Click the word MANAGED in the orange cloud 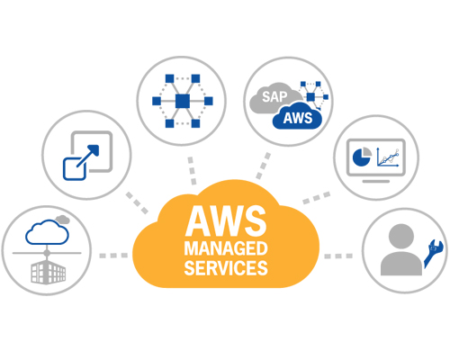pyautogui.click(x=226, y=248)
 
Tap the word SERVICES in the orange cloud pyautogui.click(x=226, y=268)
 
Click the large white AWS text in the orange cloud pyautogui.click(x=226, y=220)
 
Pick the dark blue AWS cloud pyautogui.click(x=297, y=117)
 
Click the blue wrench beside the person pyautogui.click(x=433, y=253)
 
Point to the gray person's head pyautogui.click(x=401, y=236)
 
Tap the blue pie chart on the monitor pyautogui.click(x=361, y=157)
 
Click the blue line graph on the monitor pyautogui.click(x=388, y=157)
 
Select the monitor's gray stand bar pyautogui.click(x=376, y=181)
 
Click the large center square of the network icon pyautogui.click(x=183, y=101)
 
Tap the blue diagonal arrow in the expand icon pyautogui.click(x=87, y=156)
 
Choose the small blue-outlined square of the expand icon pyautogui.click(x=75, y=168)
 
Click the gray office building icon pyautogui.click(x=49, y=272)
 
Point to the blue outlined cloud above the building pyautogui.click(x=47, y=232)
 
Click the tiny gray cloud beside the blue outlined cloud pyautogui.click(x=63, y=220)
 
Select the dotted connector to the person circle pyautogui.click(x=338, y=256)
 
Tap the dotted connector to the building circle pyautogui.click(x=113, y=256)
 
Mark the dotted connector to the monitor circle pyautogui.click(x=317, y=198)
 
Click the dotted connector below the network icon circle pyautogui.click(x=192, y=170)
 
